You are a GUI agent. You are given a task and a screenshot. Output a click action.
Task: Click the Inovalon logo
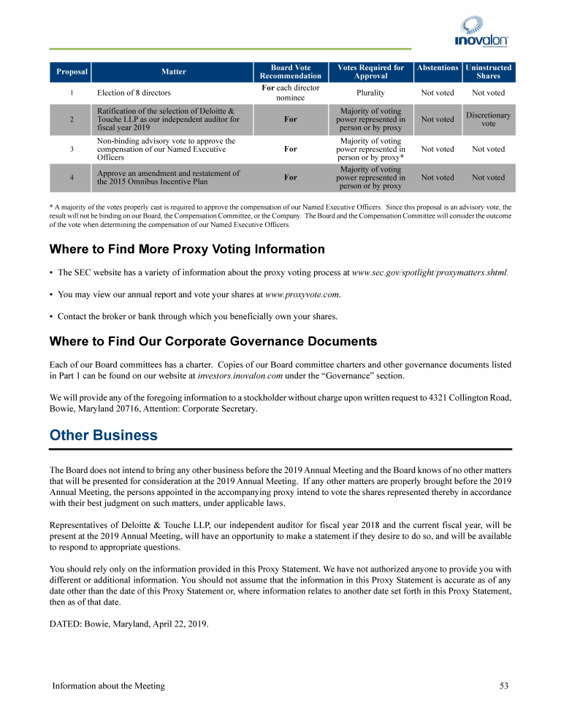click(x=481, y=32)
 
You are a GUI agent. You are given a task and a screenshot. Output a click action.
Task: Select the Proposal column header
click(x=72, y=72)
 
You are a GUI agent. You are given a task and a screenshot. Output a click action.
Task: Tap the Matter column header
click(x=173, y=72)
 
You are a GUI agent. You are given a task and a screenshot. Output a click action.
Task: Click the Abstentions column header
click(x=437, y=68)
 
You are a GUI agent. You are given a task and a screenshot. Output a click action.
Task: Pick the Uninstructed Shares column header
click(x=488, y=72)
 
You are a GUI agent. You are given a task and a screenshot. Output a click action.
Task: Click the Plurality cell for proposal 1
click(x=370, y=93)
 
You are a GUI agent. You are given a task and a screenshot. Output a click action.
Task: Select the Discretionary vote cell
click(x=488, y=120)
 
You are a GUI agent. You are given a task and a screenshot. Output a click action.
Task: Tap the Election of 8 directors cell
click(x=134, y=93)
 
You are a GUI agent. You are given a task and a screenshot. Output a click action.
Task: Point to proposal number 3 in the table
click(x=72, y=149)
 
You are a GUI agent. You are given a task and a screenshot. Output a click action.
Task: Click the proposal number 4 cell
click(x=72, y=177)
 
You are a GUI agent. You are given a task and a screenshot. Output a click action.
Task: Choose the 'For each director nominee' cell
click(x=290, y=93)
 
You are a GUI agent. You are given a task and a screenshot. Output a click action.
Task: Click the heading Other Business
click(x=103, y=435)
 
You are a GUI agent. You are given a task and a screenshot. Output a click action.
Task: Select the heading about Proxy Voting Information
click(x=186, y=249)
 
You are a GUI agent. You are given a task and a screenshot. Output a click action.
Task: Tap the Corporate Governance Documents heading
click(x=213, y=341)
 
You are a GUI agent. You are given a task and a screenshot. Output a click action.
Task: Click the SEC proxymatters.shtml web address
click(x=430, y=273)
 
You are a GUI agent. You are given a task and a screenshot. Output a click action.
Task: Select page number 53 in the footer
click(x=504, y=686)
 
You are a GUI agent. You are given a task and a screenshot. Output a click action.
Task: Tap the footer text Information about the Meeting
click(x=108, y=686)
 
